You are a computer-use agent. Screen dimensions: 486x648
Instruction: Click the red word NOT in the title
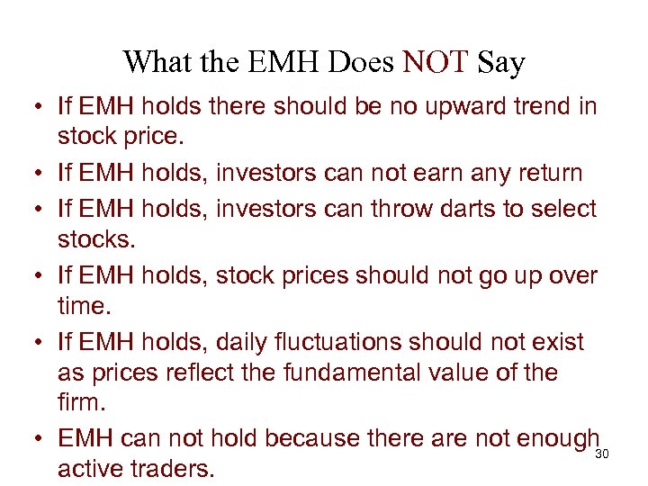(x=436, y=63)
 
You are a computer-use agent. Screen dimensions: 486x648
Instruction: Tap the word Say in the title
(x=501, y=63)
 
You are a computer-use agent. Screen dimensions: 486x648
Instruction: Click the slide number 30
(x=603, y=454)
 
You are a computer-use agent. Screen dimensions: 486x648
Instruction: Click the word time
(x=83, y=307)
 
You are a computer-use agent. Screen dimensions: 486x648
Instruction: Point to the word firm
(x=78, y=405)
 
